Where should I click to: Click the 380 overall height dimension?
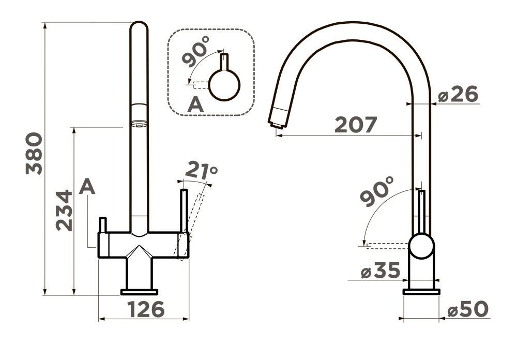[x=34, y=154]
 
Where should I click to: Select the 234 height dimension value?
[x=64, y=210]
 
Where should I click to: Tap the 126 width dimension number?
[x=146, y=309]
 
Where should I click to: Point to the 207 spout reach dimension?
[x=356, y=125]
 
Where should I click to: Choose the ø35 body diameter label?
[x=380, y=271]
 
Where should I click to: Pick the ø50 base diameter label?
[x=468, y=309]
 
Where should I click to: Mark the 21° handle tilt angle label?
[x=201, y=171]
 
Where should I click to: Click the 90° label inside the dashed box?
[x=196, y=51]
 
